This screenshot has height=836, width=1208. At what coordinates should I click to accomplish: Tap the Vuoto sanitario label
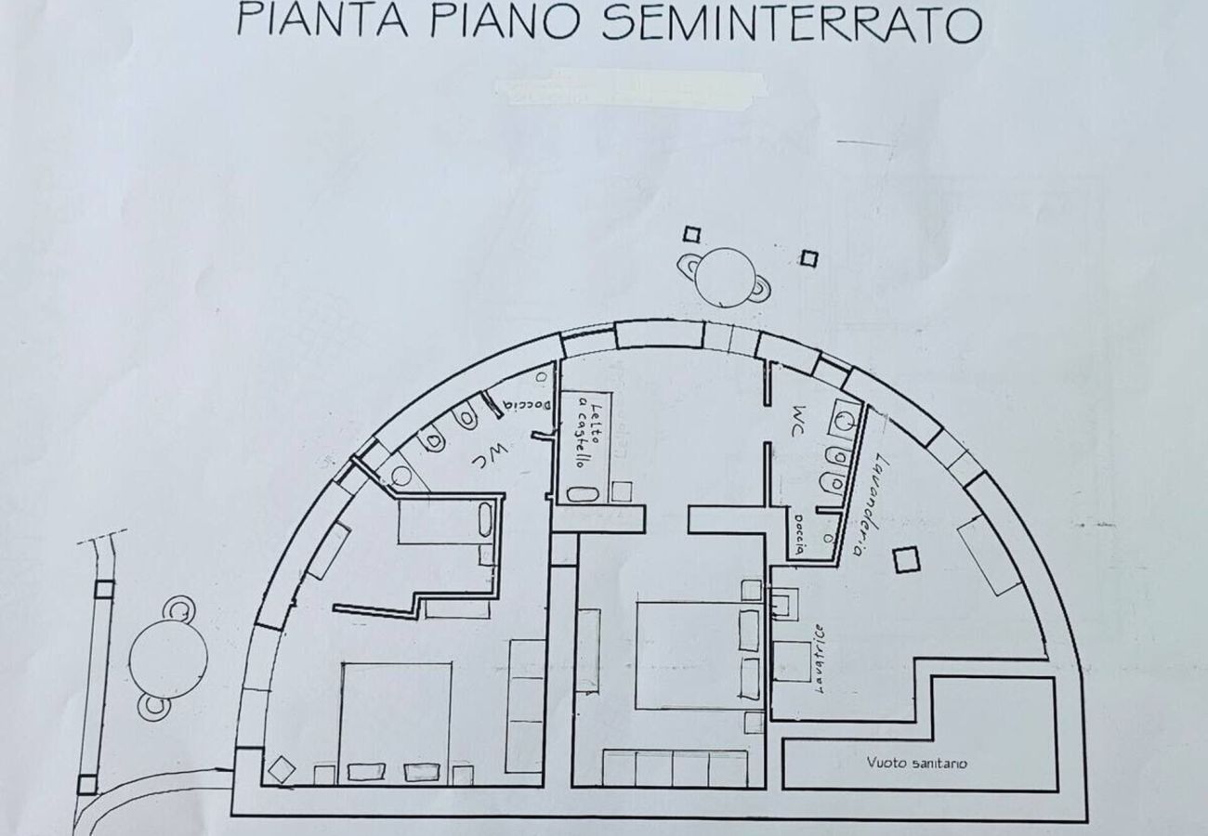916,763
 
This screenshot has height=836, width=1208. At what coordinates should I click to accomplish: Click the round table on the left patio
167,657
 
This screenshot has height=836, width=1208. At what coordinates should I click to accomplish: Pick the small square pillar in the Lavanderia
904,559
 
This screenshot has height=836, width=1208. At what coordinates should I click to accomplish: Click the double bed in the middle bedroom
689,654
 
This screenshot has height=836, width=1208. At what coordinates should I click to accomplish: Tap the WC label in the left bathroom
481,454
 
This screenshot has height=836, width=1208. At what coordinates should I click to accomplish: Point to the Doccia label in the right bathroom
797,534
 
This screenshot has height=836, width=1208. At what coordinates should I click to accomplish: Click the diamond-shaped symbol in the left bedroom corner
282,769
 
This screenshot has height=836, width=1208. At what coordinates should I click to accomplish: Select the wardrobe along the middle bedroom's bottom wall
675,768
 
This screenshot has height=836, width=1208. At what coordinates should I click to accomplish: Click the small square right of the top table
809,258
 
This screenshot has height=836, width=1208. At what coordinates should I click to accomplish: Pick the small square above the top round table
690,234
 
